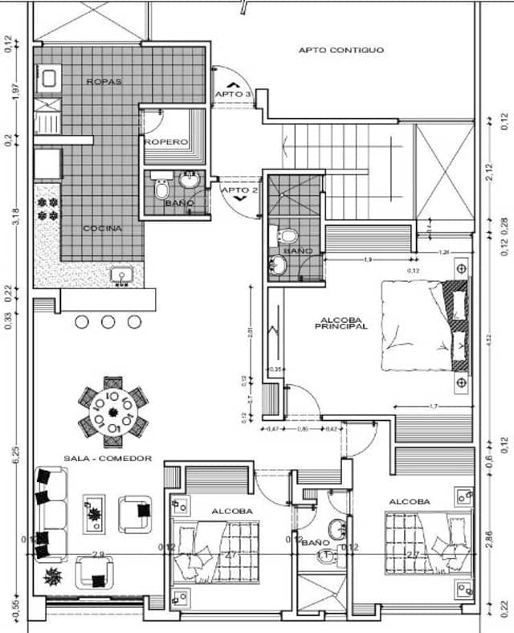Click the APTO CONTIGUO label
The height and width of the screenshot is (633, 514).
[341, 50]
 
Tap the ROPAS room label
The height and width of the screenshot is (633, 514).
[104, 82]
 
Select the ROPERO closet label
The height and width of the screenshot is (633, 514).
[166, 142]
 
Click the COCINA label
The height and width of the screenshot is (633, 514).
[103, 228]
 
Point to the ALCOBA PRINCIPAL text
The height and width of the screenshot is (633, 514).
[341, 322]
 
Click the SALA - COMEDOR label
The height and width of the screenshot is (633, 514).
[96, 458]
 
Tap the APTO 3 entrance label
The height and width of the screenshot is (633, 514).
[233, 95]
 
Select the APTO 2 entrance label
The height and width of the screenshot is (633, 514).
[239, 190]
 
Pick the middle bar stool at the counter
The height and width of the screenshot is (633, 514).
[108, 321]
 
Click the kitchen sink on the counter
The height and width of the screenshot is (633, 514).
[122, 276]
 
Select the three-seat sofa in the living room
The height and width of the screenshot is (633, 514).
[51, 514]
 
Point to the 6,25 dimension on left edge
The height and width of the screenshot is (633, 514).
[14, 455]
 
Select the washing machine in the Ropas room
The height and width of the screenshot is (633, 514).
[47, 78]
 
